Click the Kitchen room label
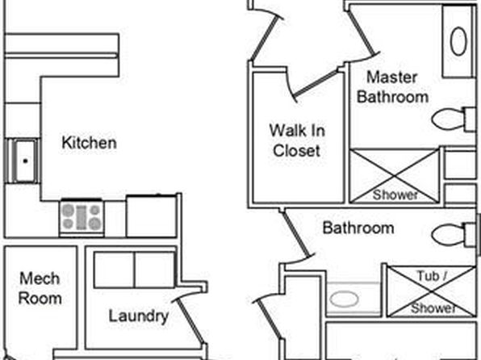[x=89, y=143]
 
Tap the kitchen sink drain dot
[x=26, y=161]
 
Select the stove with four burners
[x=82, y=218]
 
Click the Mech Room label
[x=40, y=288]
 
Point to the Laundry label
[x=139, y=316]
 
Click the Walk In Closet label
[x=297, y=140]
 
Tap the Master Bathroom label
[x=392, y=87]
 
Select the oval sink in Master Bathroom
[x=458, y=41]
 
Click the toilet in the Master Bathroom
[x=454, y=119]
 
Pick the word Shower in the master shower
[x=395, y=195]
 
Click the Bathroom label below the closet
[x=358, y=228]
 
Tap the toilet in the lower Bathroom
[x=454, y=235]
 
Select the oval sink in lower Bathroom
[x=344, y=299]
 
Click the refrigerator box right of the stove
[x=152, y=216]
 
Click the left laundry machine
[x=114, y=270]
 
